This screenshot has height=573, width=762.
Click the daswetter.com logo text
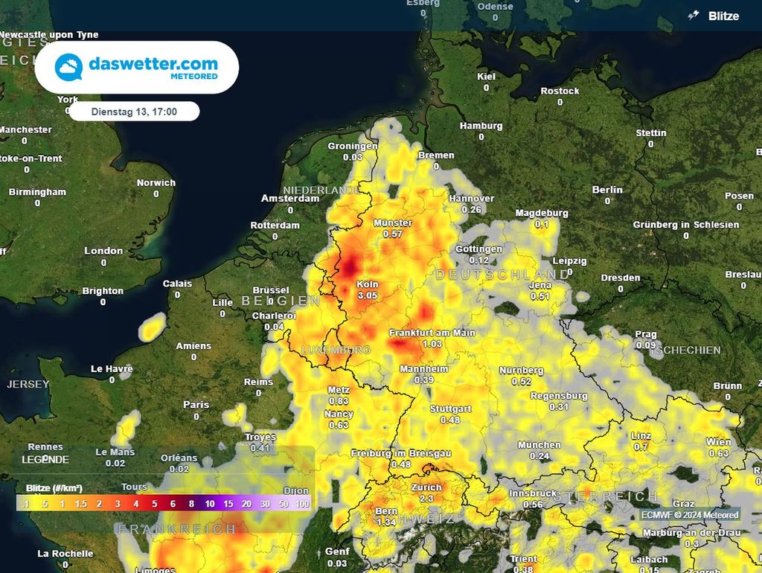[153, 64]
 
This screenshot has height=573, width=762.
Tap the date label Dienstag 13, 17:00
[134, 112]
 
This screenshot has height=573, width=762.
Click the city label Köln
[368, 284]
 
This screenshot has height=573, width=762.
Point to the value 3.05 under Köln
[368, 295]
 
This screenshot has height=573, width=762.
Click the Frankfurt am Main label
[432, 333]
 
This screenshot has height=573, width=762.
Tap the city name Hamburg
[481, 126]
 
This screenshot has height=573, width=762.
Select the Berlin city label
[607, 190]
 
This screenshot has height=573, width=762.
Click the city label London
[103, 251]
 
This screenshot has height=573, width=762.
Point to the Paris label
[196, 405]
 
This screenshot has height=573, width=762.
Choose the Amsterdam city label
[290, 199]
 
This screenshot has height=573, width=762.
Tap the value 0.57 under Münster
[392, 234]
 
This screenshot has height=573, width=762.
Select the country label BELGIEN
[281, 301]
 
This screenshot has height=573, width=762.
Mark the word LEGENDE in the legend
[45, 460]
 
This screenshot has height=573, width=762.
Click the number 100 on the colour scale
[302, 504]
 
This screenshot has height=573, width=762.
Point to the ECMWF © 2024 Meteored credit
[691, 515]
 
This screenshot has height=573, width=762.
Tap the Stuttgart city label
[450, 409]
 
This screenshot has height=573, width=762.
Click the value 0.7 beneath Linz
[641, 446]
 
